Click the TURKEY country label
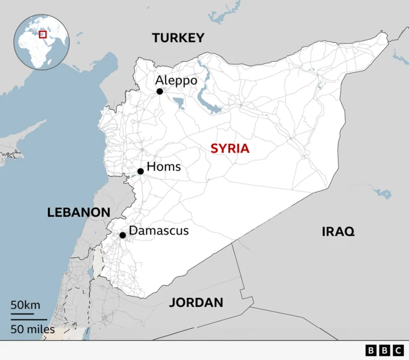[x=178, y=38]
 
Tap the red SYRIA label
[x=230, y=149]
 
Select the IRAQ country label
[x=337, y=231]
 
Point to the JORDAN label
[x=196, y=302]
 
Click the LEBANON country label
[x=79, y=212]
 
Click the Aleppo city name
[x=176, y=81]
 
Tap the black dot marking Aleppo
[x=160, y=91]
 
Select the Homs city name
[x=164, y=167]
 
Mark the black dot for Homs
[x=141, y=171]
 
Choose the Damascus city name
[x=158, y=230]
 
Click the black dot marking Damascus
[x=123, y=235]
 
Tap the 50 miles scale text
[x=33, y=329]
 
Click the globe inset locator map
[x=42, y=42]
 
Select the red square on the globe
[x=43, y=34]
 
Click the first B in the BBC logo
[x=371, y=350]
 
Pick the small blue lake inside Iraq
[x=383, y=192]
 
